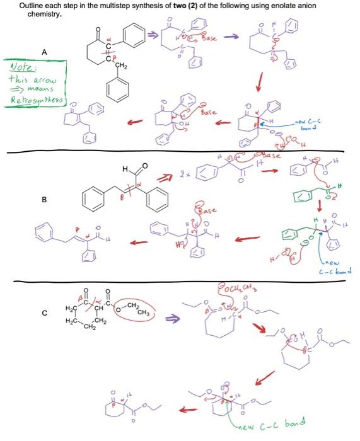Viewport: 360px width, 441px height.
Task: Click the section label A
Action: pos(44,52)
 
